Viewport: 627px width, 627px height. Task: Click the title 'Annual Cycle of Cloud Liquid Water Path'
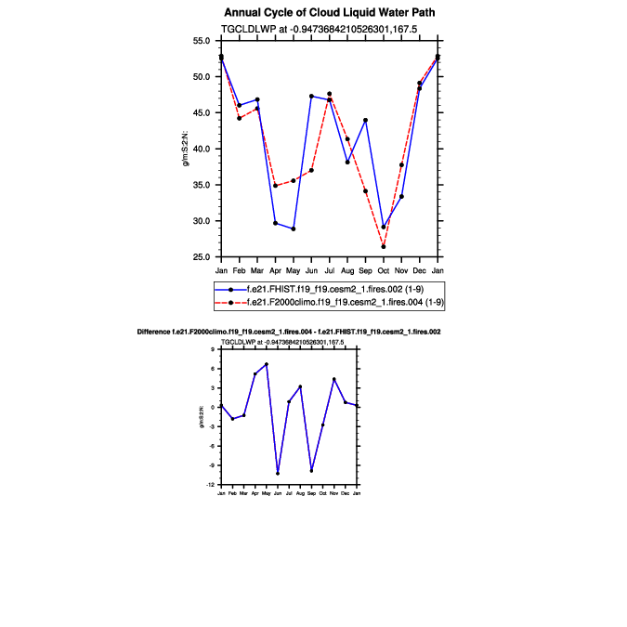pos(330,13)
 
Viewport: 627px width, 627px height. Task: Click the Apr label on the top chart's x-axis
pos(275,269)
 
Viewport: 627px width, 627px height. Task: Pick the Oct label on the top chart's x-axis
pos(384,269)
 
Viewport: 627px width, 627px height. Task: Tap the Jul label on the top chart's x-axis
pos(329,269)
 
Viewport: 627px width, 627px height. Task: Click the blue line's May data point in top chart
pos(294,229)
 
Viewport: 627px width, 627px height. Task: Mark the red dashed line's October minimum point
pos(384,246)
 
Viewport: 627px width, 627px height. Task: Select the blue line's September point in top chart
pos(365,120)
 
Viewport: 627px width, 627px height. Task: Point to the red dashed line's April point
pos(275,186)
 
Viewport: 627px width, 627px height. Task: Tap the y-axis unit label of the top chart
pos(187,149)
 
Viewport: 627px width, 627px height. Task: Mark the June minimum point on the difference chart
pos(278,473)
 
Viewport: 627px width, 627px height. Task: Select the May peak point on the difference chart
pos(267,364)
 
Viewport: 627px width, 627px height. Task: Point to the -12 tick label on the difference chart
pos(212,485)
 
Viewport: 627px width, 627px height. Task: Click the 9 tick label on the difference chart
pos(214,349)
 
